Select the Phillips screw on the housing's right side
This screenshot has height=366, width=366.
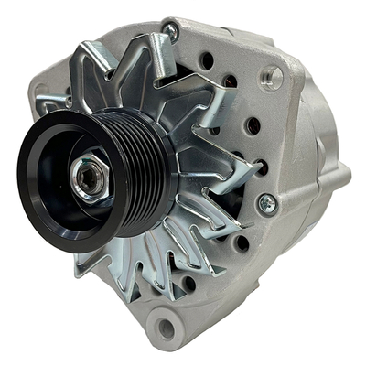click(267, 202)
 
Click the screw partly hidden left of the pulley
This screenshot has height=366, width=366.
click(67, 94)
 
